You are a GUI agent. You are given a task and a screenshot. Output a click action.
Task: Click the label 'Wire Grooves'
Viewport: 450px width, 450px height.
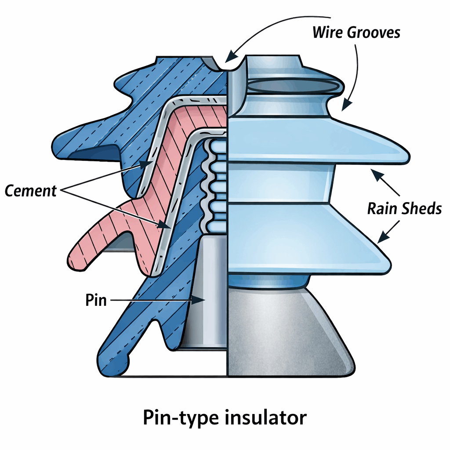tap(356, 32)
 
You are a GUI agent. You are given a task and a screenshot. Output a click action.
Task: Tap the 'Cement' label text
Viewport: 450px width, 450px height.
tap(31, 191)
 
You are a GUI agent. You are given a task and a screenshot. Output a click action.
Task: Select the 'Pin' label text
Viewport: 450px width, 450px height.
tap(96, 301)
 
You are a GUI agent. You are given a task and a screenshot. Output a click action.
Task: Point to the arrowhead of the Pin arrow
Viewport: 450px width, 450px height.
tap(203, 300)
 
